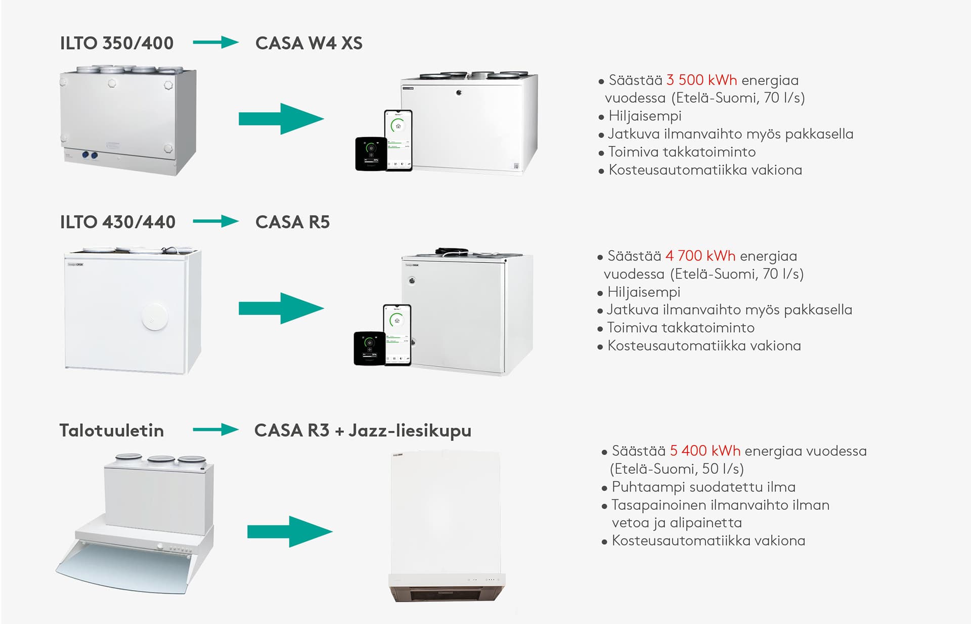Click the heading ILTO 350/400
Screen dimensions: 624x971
click(x=116, y=43)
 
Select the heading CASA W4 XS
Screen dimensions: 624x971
click(x=308, y=43)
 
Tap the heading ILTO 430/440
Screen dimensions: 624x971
click(x=117, y=222)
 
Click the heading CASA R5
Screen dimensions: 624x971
click(x=292, y=222)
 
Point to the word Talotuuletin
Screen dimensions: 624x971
click(x=112, y=430)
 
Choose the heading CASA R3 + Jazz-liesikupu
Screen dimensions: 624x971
click(x=363, y=430)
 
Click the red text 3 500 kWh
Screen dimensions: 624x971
click(x=701, y=80)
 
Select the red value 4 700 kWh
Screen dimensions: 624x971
click(x=700, y=256)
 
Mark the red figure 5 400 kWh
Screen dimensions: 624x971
click(x=705, y=451)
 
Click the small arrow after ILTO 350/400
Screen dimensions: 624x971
click(x=215, y=42)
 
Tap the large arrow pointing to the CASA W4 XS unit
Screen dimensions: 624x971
click(x=281, y=119)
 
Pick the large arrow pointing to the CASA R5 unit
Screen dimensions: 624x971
click(x=281, y=308)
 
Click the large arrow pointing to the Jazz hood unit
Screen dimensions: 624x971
click(x=289, y=531)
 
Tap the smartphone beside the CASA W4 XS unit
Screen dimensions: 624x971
click(x=399, y=140)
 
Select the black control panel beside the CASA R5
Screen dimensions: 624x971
click(x=369, y=348)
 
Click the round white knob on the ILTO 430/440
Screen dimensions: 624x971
click(x=154, y=316)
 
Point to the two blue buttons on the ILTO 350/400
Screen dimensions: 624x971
click(x=90, y=155)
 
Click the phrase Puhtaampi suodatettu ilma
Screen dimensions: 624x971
click(x=703, y=487)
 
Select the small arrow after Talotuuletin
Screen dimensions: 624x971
click(x=215, y=430)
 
